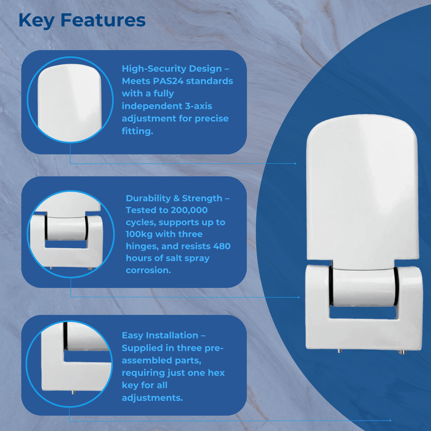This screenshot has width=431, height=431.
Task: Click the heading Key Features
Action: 82,20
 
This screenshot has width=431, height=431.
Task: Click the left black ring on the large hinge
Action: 332,292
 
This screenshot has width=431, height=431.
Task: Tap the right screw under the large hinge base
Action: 402,352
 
